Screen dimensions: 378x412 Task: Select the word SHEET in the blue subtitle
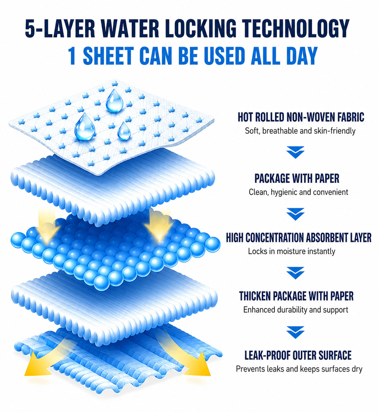pos(108,56)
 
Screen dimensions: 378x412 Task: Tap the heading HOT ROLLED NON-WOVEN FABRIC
pos(301,117)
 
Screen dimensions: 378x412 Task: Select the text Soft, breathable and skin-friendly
pos(300,131)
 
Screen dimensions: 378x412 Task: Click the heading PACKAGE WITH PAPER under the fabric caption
pos(297,178)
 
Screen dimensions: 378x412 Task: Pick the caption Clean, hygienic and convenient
pos(298,192)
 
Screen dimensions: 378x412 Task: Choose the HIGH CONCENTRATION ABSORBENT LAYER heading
pos(299,238)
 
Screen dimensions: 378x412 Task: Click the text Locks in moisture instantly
pos(291,251)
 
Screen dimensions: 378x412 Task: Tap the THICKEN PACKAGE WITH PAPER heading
pos(296,296)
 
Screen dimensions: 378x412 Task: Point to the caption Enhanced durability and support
pos(296,310)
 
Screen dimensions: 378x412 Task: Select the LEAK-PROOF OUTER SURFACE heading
pos(298,355)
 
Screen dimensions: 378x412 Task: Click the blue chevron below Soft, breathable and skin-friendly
pos(296,152)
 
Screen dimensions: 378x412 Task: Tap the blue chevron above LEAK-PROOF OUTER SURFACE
pos(296,332)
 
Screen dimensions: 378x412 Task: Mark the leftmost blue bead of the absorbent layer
pos(18,240)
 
